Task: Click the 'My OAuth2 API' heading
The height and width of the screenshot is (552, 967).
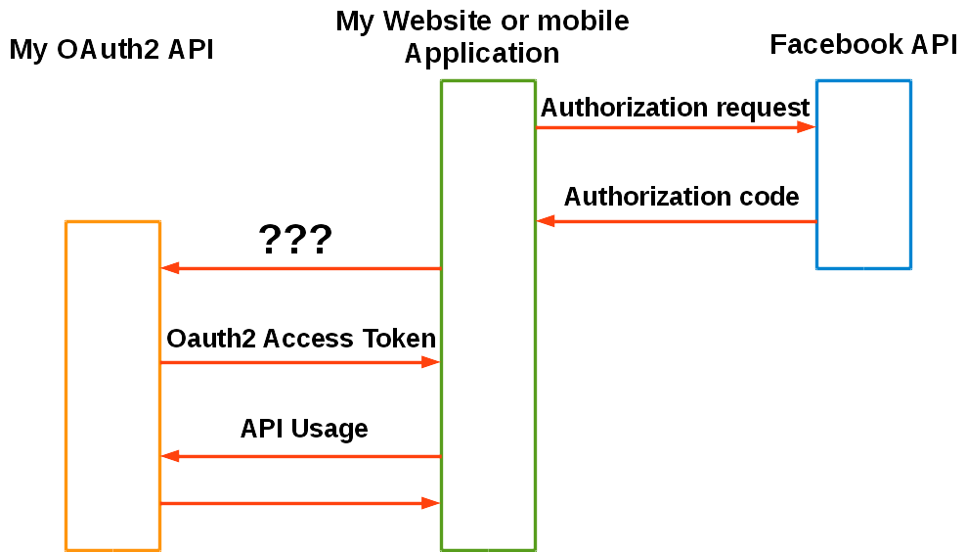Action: click(x=111, y=50)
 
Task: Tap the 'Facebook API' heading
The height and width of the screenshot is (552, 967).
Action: click(x=863, y=45)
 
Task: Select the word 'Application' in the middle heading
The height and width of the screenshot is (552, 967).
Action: click(x=482, y=54)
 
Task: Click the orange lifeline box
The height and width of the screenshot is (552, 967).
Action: click(x=113, y=385)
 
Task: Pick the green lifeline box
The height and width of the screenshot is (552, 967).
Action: click(x=488, y=313)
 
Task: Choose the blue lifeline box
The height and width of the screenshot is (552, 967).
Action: click(x=863, y=174)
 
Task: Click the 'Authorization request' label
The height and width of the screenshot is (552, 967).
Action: click(x=675, y=108)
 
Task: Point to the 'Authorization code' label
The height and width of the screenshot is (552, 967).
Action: click(x=681, y=197)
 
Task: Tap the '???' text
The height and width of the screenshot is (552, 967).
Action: click(x=295, y=240)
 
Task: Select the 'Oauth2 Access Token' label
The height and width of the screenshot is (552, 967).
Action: click(x=301, y=339)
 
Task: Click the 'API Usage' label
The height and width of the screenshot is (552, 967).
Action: click(x=304, y=429)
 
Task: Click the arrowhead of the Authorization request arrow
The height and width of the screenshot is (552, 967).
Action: click(x=807, y=127)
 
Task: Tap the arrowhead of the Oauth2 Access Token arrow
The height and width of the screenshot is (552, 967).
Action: click(x=431, y=362)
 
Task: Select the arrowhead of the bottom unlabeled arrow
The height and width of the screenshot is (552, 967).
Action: click(x=431, y=503)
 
